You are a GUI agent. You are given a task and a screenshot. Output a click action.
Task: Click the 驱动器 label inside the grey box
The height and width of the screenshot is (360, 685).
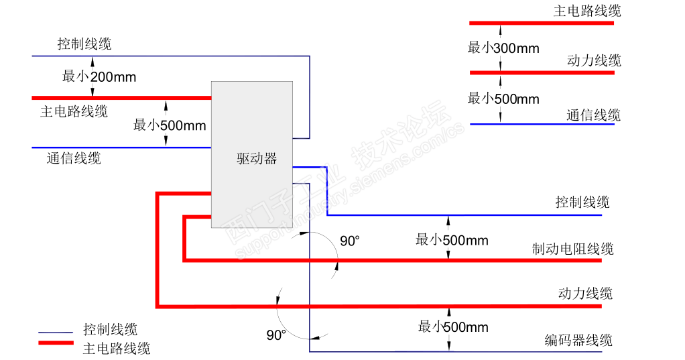tap(257, 159)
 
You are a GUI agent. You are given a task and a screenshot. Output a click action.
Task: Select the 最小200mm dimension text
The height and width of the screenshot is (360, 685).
tap(99, 77)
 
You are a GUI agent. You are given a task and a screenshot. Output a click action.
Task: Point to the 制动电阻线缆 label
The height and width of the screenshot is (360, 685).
tap(573, 249)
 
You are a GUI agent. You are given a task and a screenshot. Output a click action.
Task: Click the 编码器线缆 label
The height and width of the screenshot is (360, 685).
tap(578, 341)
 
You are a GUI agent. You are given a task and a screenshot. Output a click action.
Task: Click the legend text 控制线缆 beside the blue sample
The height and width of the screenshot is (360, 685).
tap(111, 329)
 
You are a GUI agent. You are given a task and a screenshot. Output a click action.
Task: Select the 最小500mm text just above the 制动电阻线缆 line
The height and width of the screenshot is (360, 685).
tap(452, 240)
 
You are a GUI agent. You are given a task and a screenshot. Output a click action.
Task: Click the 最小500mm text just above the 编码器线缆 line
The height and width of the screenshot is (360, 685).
tap(453, 327)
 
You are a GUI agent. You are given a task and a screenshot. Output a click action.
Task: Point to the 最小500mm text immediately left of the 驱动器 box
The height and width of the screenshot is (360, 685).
tap(170, 125)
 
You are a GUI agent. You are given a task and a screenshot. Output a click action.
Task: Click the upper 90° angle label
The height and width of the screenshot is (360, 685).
tap(350, 241)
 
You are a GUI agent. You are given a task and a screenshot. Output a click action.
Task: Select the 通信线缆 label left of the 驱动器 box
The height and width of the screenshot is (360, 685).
tap(74, 159)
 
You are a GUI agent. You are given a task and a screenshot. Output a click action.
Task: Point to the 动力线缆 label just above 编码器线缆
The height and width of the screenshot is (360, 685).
tap(585, 294)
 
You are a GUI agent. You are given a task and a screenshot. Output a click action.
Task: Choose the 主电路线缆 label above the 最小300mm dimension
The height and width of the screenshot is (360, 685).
tap(587, 11)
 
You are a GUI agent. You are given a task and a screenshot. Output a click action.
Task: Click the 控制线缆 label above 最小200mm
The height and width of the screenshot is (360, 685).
tap(84, 44)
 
